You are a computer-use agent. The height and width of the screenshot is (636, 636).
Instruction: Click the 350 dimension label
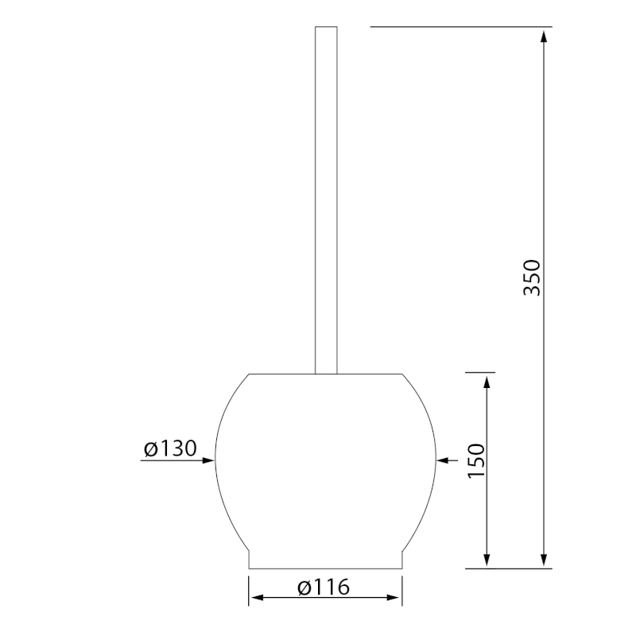532,277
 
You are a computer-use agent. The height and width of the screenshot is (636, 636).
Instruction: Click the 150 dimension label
476,461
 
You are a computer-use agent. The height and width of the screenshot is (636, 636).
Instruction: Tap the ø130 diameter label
170,448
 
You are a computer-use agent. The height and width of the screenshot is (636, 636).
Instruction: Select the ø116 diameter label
324,588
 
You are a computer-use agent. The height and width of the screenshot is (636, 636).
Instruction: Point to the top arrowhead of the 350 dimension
545,36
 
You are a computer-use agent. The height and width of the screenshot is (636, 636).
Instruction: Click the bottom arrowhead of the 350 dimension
545,560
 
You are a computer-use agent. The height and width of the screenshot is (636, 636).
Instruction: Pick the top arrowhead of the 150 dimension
487,382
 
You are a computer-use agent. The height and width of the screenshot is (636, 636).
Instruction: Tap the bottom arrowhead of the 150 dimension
487,560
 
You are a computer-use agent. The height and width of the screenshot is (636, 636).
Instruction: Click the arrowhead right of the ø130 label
208,460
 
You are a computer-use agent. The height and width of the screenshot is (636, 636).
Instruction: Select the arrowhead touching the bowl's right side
443,460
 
